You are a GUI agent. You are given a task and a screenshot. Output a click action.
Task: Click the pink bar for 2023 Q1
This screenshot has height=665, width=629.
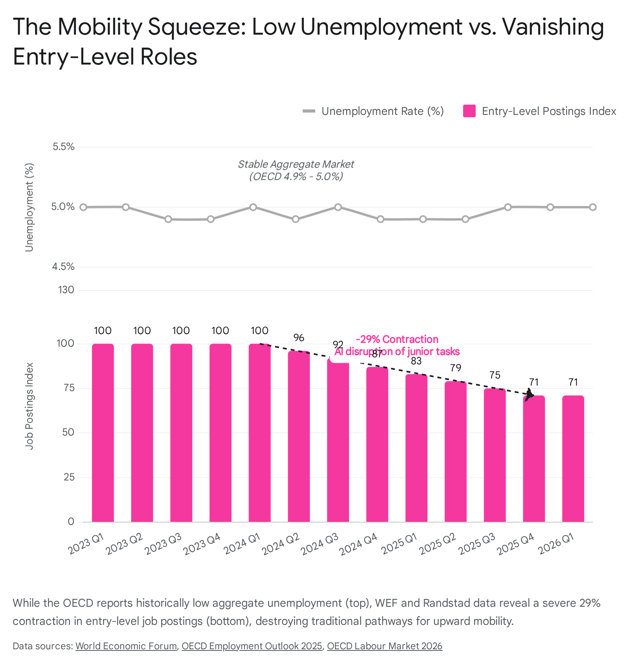[103, 433]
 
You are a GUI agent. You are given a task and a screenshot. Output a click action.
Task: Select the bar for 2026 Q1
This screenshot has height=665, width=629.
[573, 459]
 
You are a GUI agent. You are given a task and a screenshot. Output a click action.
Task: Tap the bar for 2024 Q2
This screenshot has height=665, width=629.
[299, 436]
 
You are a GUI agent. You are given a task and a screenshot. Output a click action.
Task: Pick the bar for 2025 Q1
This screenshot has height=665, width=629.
[416, 448]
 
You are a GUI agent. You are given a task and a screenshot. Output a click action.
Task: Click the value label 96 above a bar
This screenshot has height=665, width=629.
[299, 338]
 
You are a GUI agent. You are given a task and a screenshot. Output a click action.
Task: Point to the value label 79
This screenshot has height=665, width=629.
[456, 368]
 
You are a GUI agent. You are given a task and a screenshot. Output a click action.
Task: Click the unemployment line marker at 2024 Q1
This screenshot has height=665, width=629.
[253, 207]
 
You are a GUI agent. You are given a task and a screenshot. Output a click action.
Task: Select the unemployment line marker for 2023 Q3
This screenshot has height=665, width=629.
[168, 219]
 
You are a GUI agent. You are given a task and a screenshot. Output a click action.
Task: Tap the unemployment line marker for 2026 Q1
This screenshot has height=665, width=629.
[593, 207]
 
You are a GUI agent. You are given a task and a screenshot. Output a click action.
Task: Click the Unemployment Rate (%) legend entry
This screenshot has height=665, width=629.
[373, 111]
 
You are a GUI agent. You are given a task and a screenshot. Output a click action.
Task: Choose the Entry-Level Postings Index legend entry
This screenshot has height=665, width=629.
[540, 111]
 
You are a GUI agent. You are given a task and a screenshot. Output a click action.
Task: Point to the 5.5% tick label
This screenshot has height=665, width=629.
[64, 147]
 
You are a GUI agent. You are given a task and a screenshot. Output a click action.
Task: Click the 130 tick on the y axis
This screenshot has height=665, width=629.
[66, 290]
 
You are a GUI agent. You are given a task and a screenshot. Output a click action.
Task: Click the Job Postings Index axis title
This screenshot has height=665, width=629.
[29, 406]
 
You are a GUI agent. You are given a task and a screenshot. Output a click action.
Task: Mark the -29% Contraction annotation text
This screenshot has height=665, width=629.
[397, 339]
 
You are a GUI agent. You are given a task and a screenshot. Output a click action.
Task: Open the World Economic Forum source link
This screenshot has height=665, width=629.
[126, 646]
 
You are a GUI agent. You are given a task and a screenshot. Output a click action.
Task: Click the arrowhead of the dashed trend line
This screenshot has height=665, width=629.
[530, 395]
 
